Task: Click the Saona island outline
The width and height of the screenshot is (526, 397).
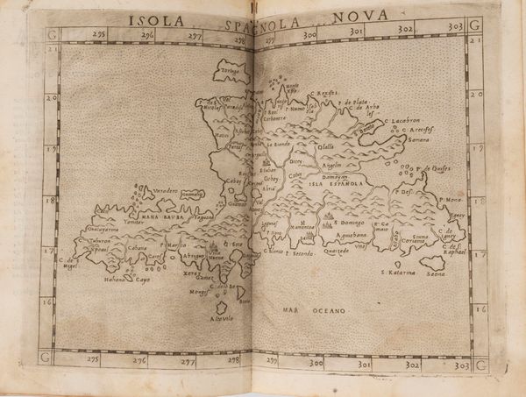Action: click(432, 262)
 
